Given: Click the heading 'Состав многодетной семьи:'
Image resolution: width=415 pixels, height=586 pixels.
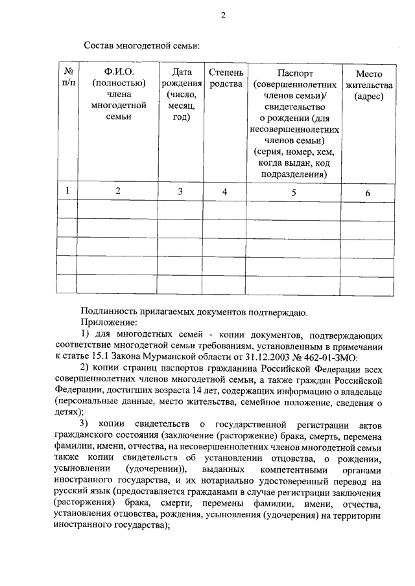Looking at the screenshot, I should (141, 46).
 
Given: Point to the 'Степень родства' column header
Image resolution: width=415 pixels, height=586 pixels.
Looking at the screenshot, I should (226, 78).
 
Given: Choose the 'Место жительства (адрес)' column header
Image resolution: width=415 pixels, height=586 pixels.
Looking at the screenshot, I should (368, 84).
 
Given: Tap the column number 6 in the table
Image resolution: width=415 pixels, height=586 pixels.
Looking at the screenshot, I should (368, 192).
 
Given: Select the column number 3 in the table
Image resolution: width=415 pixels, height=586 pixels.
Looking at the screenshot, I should (180, 192).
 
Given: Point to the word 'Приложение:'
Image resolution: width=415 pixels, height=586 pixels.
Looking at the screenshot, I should (109, 322).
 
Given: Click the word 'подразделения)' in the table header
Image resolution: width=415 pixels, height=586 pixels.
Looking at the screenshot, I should (294, 174).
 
